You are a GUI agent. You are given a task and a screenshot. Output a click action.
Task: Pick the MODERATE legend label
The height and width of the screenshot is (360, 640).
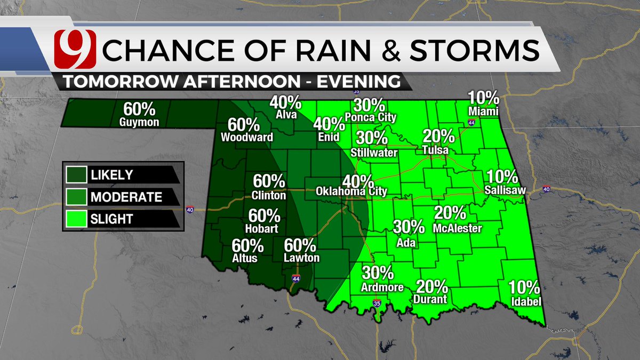126,197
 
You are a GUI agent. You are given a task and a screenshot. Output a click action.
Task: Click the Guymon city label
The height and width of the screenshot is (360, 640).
139,122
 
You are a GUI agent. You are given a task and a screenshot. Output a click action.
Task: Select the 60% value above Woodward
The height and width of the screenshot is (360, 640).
244,125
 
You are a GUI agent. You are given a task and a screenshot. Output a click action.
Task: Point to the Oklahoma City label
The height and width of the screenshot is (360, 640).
351,191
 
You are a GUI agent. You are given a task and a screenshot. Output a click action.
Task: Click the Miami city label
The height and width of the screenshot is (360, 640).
483,111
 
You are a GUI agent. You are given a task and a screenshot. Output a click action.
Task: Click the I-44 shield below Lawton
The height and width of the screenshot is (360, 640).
296,278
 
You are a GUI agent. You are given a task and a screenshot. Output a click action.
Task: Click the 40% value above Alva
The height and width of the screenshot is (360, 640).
285,102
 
